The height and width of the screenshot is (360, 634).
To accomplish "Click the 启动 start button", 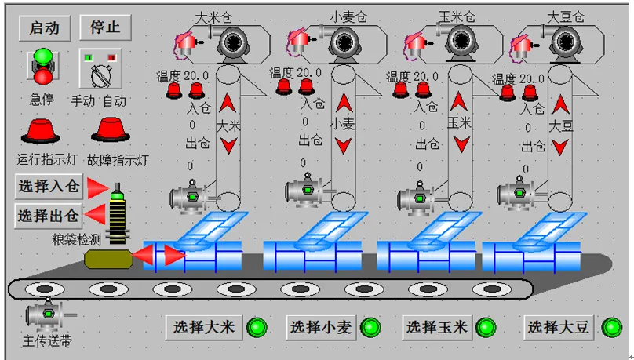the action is [x=45, y=27].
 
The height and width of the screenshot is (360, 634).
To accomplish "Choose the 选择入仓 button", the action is [x=49, y=187].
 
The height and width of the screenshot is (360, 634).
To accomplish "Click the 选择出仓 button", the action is [x=49, y=215].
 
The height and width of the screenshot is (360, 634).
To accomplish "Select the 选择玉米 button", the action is [x=437, y=327].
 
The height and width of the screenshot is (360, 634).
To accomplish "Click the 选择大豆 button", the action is [x=559, y=327].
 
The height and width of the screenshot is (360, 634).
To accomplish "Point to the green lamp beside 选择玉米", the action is [x=486, y=327].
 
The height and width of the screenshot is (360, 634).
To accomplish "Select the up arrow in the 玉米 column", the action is [x=460, y=103].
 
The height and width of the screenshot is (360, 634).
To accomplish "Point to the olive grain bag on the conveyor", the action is [x=109, y=259].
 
